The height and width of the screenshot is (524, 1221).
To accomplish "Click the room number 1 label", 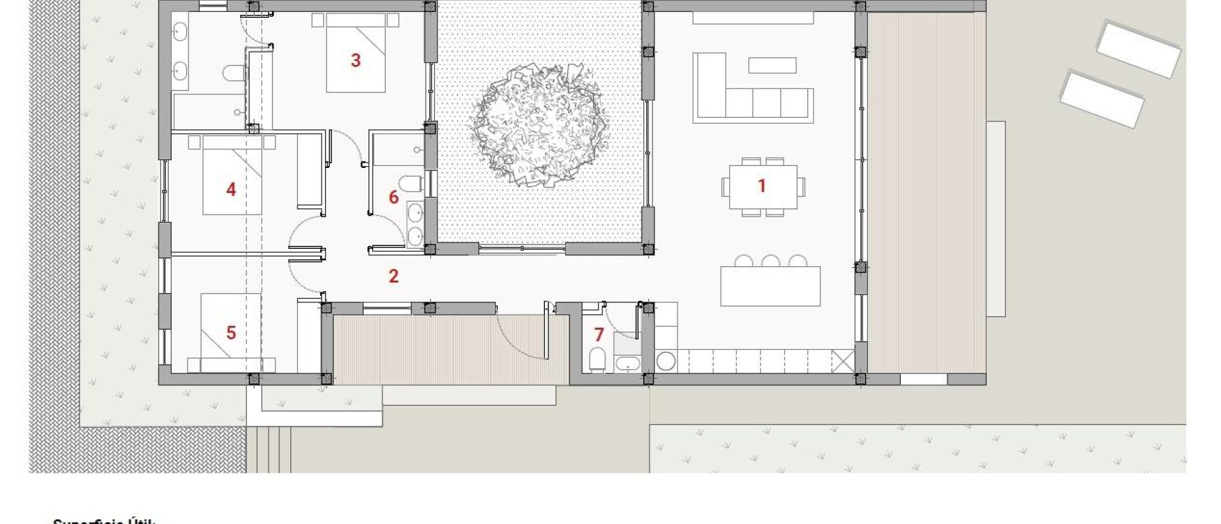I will [x=761, y=186].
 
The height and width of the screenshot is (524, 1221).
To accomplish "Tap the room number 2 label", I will [x=393, y=276].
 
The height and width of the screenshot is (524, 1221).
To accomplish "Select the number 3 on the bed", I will [x=356, y=60].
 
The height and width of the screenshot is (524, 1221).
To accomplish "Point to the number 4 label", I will [x=231, y=190].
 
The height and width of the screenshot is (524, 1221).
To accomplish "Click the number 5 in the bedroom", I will [x=231, y=333].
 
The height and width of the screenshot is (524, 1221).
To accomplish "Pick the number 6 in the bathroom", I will [x=393, y=197].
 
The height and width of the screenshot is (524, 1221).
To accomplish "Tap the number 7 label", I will [x=599, y=335].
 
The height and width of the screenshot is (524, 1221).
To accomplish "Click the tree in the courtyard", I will [x=540, y=125].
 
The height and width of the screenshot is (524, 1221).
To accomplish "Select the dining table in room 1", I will [x=763, y=187].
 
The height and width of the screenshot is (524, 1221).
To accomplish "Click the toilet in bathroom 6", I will [x=410, y=183].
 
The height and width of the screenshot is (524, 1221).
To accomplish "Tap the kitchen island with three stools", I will [x=770, y=286].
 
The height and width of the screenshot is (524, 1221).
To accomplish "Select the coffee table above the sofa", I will [x=772, y=65].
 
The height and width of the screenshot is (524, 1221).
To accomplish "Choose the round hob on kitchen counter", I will [x=666, y=361].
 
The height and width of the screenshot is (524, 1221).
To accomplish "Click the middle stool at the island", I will [x=770, y=261].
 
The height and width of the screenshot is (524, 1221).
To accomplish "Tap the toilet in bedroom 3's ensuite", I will [x=234, y=73].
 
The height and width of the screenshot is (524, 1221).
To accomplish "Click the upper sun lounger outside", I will [x=1138, y=49].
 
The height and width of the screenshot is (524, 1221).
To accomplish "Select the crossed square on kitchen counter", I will [x=843, y=361].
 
